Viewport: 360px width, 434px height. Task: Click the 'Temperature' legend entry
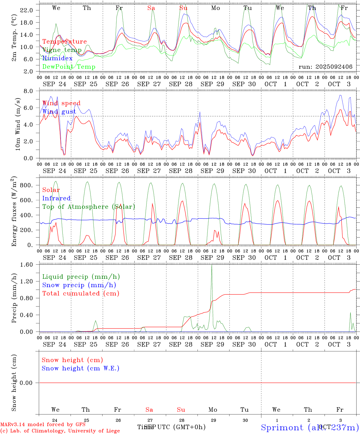tap(65, 42)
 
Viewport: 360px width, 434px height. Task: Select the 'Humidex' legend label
tap(57, 58)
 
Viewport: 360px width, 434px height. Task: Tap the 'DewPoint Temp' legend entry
tap(69, 67)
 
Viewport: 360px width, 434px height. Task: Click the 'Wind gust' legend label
tap(59, 112)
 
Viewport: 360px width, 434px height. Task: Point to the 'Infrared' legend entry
tap(56, 198)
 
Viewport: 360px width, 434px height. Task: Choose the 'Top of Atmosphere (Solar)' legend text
tap(89, 207)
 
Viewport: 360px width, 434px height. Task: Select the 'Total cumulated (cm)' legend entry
tap(81, 294)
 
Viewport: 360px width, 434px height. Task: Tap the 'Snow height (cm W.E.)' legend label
tap(81, 368)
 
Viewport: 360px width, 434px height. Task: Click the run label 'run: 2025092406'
tap(325, 67)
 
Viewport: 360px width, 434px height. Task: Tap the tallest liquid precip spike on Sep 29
tap(212, 265)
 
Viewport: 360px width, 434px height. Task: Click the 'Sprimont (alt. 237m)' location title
tap(310, 427)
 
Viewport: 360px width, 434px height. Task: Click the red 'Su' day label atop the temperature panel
tap(183, 8)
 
